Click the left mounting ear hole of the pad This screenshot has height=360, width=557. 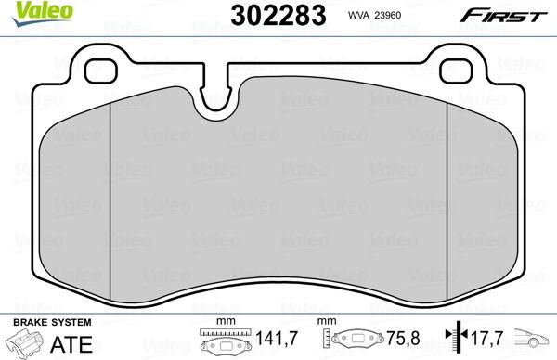tap(95, 69)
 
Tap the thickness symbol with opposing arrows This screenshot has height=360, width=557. tap(452, 341)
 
